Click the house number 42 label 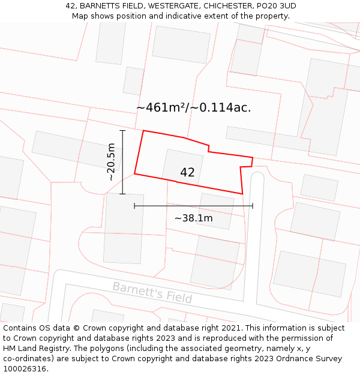pyautogui.click(x=187, y=173)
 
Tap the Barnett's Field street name pyautogui.click(x=152, y=292)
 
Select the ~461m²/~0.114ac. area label pyautogui.click(x=193, y=108)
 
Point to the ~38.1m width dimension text pyautogui.click(x=193, y=218)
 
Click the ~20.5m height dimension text pyautogui.click(x=111, y=162)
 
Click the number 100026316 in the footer pyautogui.click(x=25, y=369)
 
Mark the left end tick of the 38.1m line pyautogui.click(x=134, y=206)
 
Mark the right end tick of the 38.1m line pyautogui.click(x=253, y=206)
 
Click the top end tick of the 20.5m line pyautogui.click(x=122, y=130)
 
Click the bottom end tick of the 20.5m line pyautogui.click(x=122, y=194)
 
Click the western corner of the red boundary pyautogui.click(x=134, y=174)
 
